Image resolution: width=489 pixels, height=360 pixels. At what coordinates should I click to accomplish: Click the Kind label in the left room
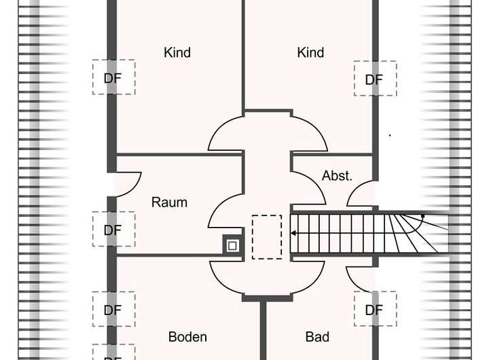click(x=177, y=52)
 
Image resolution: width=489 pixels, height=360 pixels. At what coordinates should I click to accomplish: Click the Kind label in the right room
click(x=310, y=52)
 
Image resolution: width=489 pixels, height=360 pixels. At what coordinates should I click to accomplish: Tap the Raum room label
click(x=169, y=202)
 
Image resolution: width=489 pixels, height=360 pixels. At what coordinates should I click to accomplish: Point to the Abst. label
click(x=337, y=176)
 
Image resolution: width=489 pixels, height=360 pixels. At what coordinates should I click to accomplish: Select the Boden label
click(x=187, y=337)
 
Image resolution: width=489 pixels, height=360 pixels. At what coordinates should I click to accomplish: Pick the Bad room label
click(x=317, y=337)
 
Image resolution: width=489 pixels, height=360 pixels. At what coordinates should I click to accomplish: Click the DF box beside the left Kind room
click(x=113, y=77)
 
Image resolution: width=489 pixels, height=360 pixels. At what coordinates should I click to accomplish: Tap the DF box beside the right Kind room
click(x=374, y=79)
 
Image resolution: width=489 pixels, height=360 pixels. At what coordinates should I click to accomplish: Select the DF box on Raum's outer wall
click(x=113, y=230)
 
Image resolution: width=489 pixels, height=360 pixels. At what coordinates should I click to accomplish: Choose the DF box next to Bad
click(x=374, y=310)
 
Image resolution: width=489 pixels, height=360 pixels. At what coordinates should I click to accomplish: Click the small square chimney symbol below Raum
click(x=232, y=245)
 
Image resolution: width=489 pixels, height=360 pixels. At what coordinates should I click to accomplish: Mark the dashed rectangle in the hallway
click(x=266, y=236)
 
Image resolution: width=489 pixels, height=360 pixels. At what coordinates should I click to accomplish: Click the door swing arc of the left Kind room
click(x=224, y=133)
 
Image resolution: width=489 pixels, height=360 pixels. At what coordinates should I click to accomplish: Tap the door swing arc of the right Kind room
click(x=312, y=133)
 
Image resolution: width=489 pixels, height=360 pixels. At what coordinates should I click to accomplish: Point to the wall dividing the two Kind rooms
click(x=243, y=54)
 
